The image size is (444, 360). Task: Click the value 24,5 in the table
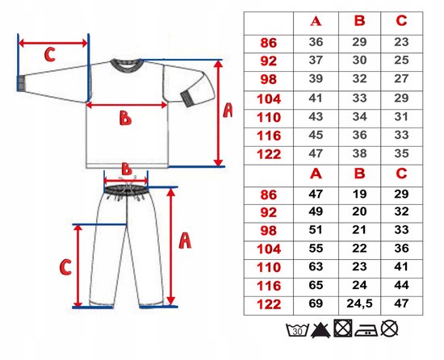(x=359, y=303)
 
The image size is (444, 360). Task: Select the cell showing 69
(x=316, y=303)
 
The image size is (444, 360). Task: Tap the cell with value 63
(x=316, y=266)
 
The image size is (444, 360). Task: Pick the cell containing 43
(x=316, y=116)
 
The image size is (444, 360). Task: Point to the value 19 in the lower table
(x=359, y=194)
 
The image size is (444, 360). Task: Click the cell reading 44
(x=401, y=285)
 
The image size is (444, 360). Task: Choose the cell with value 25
(x=401, y=60)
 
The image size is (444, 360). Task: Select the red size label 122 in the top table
(x=269, y=154)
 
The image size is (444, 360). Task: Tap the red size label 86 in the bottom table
(x=269, y=195)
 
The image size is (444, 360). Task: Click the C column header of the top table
(x=401, y=21)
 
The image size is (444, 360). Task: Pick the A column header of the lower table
(x=316, y=174)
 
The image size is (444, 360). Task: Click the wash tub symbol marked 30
(x=297, y=329)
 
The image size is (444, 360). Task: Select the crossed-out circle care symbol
(x=389, y=329)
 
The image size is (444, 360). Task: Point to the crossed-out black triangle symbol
(x=320, y=330)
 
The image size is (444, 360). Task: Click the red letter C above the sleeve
(x=50, y=54)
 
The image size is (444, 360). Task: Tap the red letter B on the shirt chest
(x=125, y=118)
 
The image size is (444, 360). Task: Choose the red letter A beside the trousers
(x=185, y=241)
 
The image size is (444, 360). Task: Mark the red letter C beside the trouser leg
(x=65, y=267)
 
